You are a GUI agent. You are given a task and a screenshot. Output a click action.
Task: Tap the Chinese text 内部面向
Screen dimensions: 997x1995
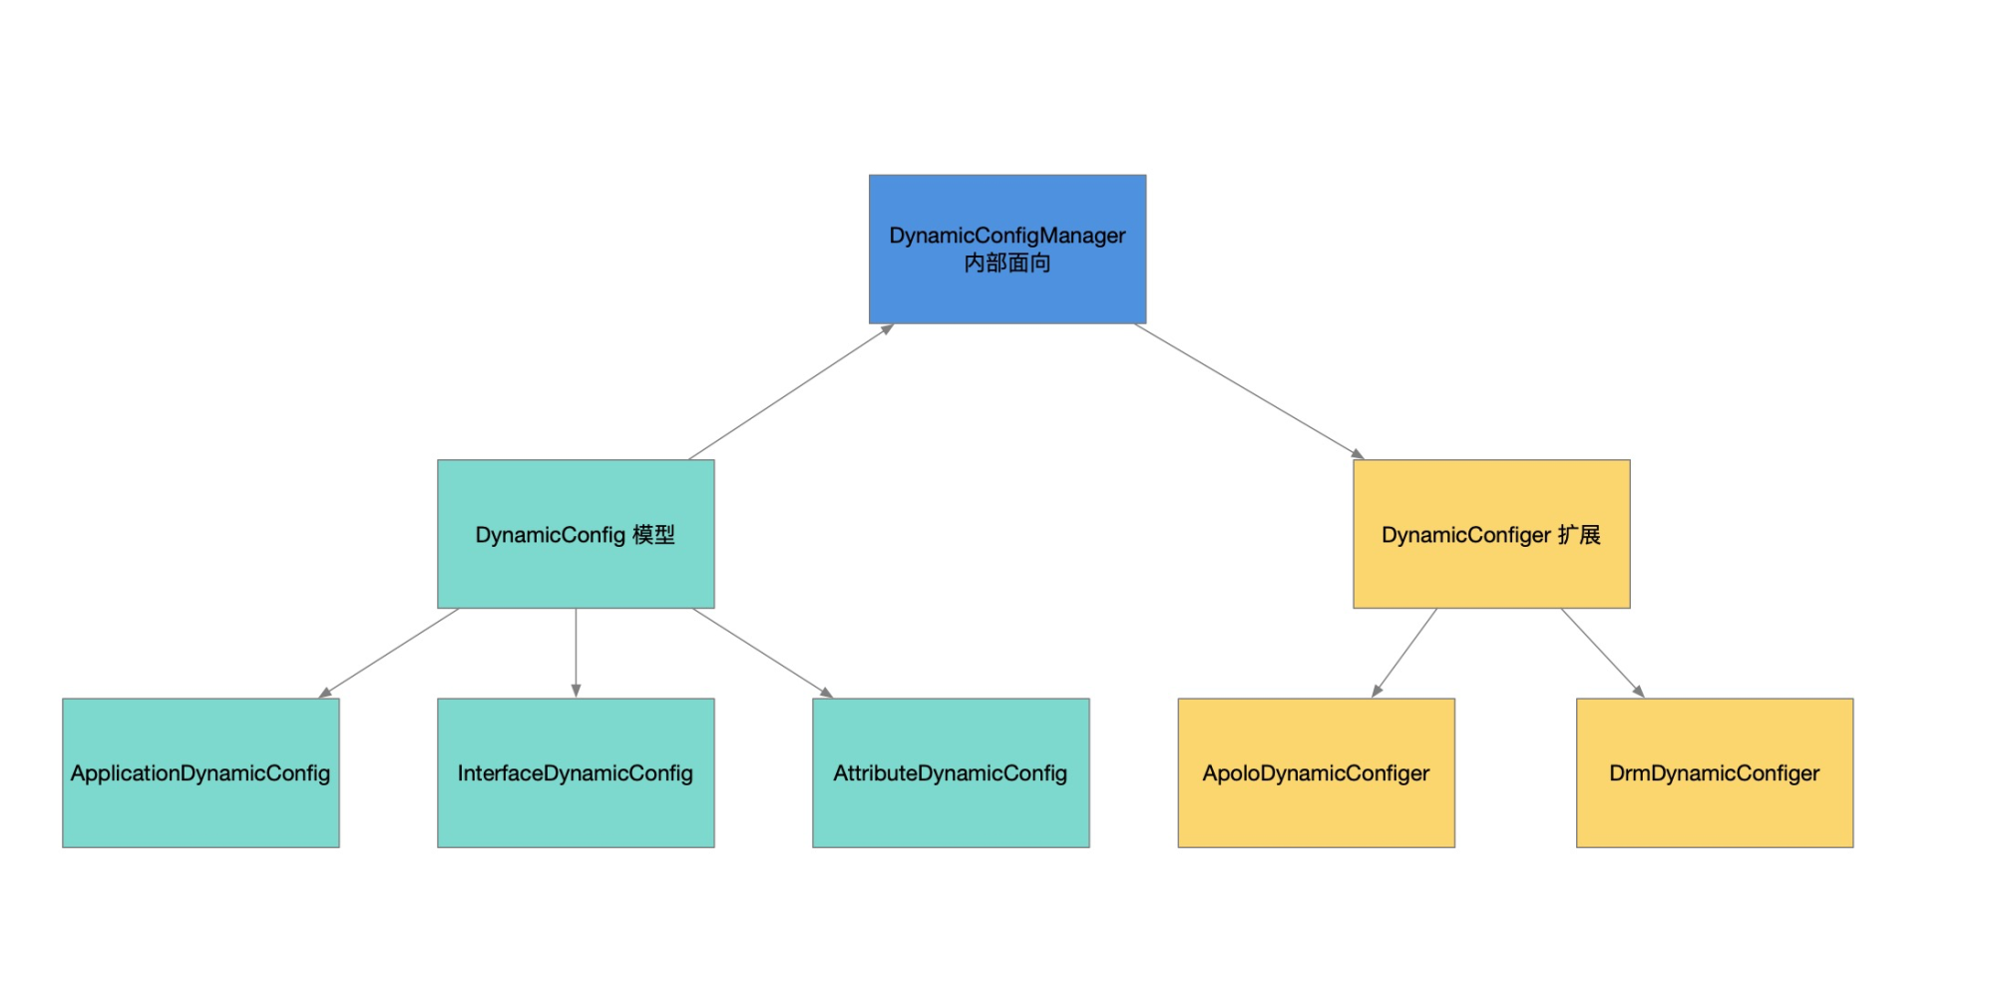[1007, 263]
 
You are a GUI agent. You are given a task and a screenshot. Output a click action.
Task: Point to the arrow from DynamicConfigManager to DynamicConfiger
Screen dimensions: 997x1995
[1247, 390]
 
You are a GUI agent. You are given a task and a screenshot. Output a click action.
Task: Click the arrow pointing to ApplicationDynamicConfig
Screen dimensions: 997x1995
[389, 653]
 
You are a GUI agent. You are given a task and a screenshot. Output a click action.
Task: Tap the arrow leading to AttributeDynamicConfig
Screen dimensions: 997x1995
[763, 653]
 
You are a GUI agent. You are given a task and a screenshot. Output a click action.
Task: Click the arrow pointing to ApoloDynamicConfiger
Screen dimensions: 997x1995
[1405, 652]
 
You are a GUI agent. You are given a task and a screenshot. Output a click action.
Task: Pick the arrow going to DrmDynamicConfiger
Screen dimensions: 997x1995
[1602, 652]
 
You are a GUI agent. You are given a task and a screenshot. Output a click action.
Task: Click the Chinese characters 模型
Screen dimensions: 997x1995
[654, 535]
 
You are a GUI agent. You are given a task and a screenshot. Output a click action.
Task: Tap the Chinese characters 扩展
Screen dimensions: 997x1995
[1579, 535]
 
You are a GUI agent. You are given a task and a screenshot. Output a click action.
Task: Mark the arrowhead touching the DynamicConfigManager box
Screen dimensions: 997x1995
[887, 328]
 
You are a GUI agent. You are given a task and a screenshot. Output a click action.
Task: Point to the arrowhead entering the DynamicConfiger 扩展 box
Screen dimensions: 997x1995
[1358, 454]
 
